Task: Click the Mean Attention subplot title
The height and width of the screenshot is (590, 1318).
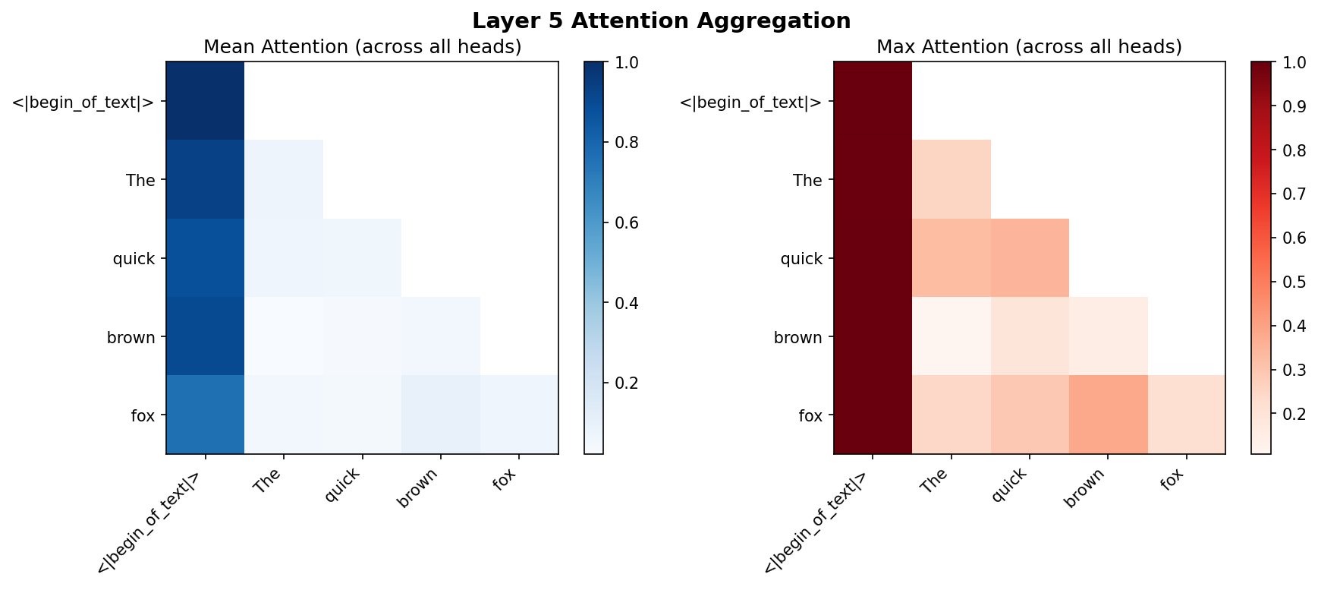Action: pyautogui.click(x=362, y=47)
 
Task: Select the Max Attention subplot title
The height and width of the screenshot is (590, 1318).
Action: pyautogui.click(x=1029, y=47)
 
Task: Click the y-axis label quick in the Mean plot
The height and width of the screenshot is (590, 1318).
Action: pyautogui.click(x=134, y=259)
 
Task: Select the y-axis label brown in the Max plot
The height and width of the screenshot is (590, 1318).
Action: pyautogui.click(x=797, y=337)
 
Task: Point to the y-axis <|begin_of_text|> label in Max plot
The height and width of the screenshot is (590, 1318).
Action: pyautogui.click(x=750, y=102)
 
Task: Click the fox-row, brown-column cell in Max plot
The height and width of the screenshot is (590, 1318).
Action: pyautogui.click(x=1108, y=415)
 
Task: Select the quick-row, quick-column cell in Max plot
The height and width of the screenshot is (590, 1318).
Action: pyautogui.click(x=1030, y=258)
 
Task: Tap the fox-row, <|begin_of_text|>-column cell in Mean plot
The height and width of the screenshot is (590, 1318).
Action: pyautogui.click(x=205, y=415)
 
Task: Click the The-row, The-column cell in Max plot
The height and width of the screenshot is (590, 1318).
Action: pyautogui.click(x=951, y=180)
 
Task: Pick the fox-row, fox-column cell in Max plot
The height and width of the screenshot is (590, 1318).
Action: pyautogui.click(x=1186, y=415)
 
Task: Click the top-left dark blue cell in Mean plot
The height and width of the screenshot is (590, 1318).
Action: pyautogui.click(x=205, y=101)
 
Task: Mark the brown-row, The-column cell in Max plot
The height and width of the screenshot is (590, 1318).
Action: pyautogui.click(x=951, y=336)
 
